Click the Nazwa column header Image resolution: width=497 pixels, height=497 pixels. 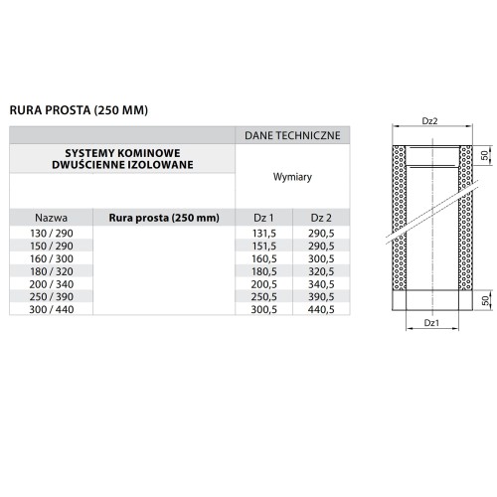(x=51, y=218)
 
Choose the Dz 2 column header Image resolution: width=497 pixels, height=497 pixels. (x=319, y=218)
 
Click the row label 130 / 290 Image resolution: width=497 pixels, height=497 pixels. (x=51, y=233)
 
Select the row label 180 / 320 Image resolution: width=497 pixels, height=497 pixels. (x=51, y=270)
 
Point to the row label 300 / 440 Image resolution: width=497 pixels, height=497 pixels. (x=51, y=308)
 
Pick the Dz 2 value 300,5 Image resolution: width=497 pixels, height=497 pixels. (x=319, y=257)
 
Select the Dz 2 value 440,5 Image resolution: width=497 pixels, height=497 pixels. (x=319, y=308)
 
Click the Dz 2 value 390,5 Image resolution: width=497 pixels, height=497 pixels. (x=319, y=295)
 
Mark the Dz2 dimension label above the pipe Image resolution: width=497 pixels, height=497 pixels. (x=430, y=121)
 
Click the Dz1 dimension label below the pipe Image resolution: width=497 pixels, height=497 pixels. (x=430, y=322)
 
